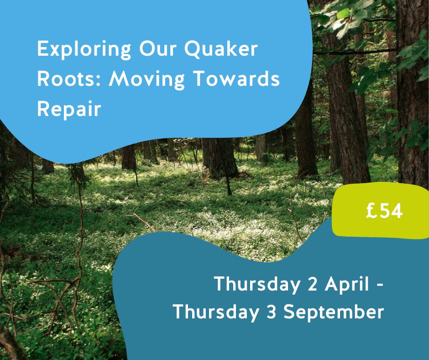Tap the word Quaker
[x=221, y=49]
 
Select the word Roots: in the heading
[x=69, y=79]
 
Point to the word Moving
[x=147, y=80]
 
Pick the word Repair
[x=69, y=110]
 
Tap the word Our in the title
[x=158, y=49]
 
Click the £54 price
[x=384, y=211]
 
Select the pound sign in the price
[x=371, y=211]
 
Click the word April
[x=347, y=284]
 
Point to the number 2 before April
[x=313, y=284]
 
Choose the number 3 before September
[x=271, y=312]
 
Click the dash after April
[x=380, y=286]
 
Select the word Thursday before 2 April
[x=257, y=285]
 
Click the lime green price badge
[x=381, y=210]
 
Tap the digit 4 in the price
[x=397, y=211]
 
